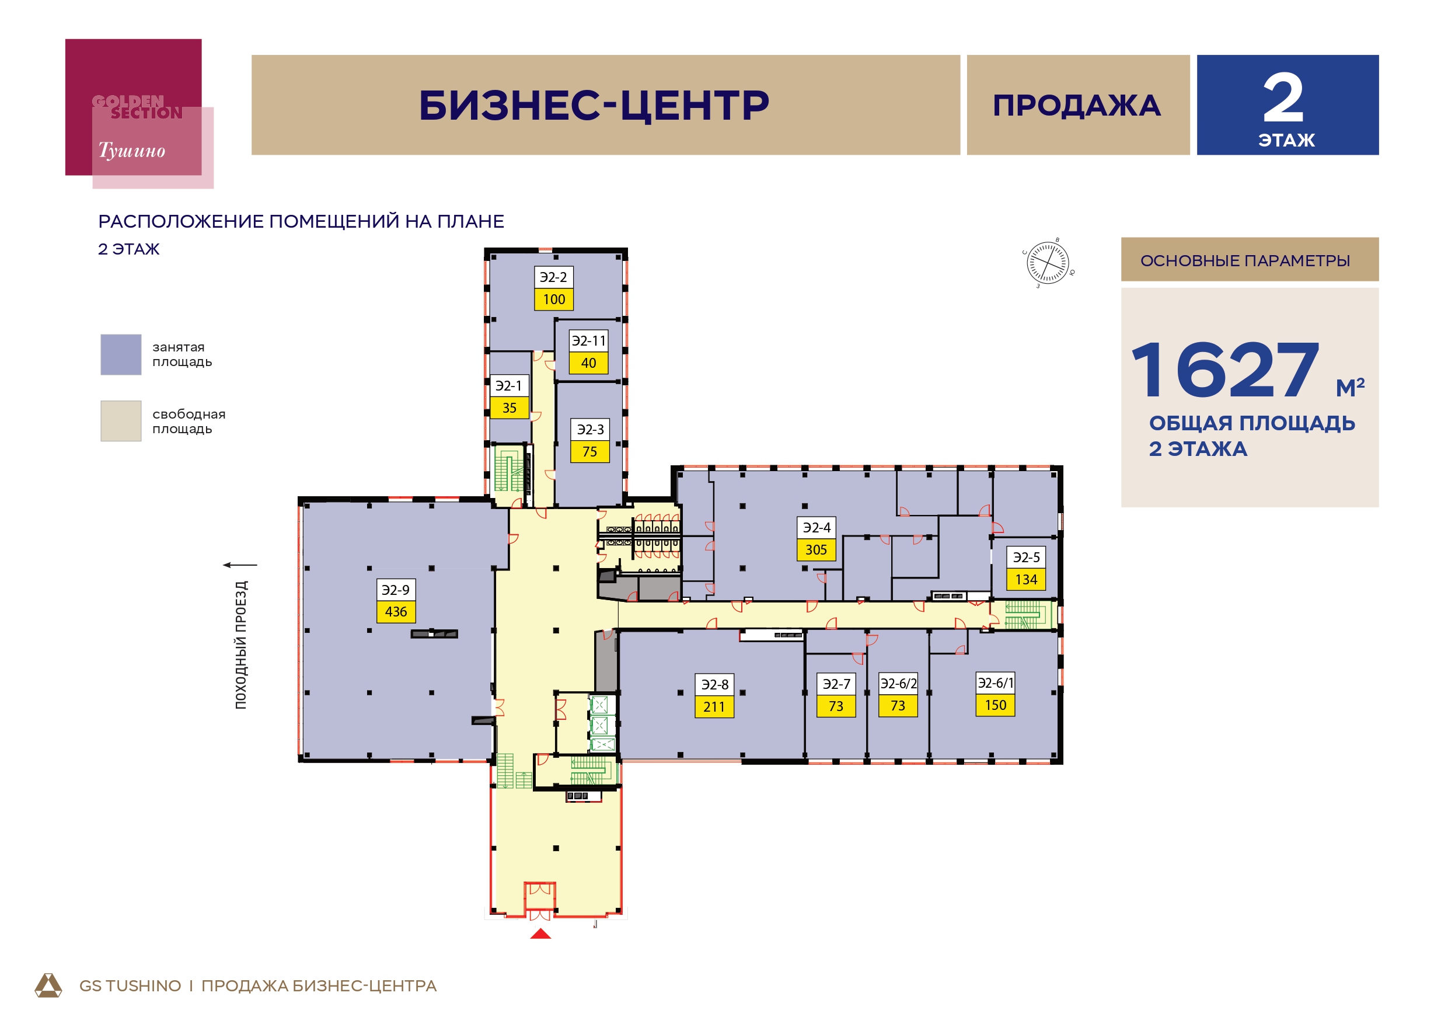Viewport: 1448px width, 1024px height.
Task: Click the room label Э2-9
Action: tap(396, 589)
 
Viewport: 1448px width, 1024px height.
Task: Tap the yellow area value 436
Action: tap(396, 611)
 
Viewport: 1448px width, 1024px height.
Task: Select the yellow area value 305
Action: tap(816, 549)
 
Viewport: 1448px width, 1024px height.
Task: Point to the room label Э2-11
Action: tap(588, 341)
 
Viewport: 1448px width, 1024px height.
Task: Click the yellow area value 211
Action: tap(714, 706)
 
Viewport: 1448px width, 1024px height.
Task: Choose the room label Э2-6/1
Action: tap(995, 682)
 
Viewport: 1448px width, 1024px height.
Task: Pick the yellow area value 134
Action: tap(1026, 579)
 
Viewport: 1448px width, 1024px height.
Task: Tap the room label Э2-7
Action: tap(836, 684)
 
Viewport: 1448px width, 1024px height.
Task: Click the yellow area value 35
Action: tap(510, 407)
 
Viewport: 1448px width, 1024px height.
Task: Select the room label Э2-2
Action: tap(554, 277)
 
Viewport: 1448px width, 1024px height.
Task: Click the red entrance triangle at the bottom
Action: tap(540, 933)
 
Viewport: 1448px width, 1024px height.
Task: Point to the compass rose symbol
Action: tap(1048, 263)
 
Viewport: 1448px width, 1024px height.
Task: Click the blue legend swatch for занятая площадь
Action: tap(121, 354)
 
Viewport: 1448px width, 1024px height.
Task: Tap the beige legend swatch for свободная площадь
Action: tap(121, 421)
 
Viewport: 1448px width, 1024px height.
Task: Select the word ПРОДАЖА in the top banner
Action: tap(1077, 105)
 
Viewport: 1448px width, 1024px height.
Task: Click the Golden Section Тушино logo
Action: tap(139, 114)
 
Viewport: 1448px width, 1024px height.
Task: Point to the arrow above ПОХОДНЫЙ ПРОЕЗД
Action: tap(240, 565)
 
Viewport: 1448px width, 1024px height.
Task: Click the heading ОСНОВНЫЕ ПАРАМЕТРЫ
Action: tap(1245, 260)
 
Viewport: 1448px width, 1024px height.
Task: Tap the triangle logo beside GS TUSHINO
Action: tap(48, 985)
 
